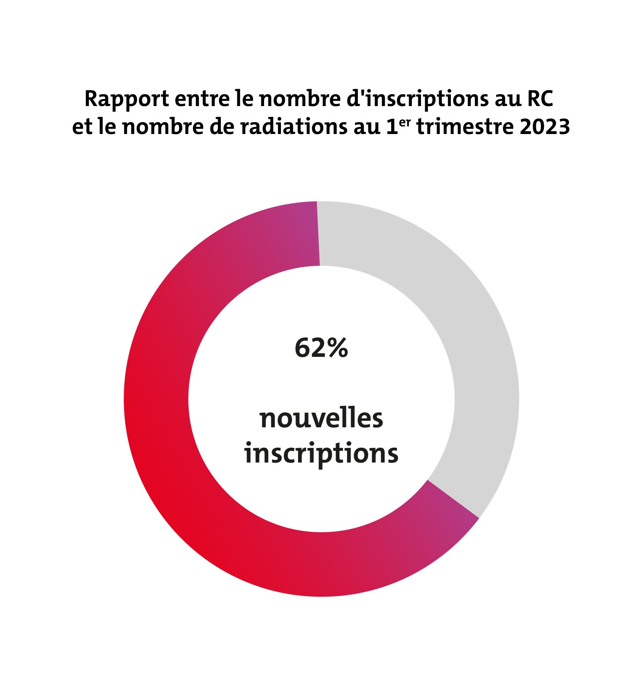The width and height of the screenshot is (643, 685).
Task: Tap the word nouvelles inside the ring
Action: [321, 418]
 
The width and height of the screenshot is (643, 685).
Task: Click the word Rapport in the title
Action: [126, 100]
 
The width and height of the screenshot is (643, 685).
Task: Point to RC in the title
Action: [540, 99]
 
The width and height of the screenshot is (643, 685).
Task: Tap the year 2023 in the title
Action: [545, 127]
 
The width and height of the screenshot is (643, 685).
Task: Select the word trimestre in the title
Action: [465, 127]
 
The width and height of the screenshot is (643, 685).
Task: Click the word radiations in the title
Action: [293, 127]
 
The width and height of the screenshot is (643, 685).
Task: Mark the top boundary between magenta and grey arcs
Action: [318, 233]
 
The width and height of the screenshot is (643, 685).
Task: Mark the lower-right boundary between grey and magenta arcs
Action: [453, 499]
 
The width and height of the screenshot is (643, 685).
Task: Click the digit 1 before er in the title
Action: [392, 127]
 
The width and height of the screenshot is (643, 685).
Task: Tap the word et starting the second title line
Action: [81, 127]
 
